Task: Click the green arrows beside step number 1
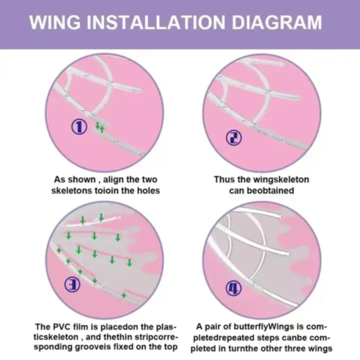[x=100, y=127]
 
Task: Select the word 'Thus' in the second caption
[x=224, y=180]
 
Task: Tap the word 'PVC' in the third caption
[x=65, y=326]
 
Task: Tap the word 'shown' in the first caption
[x=78, y=180]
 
